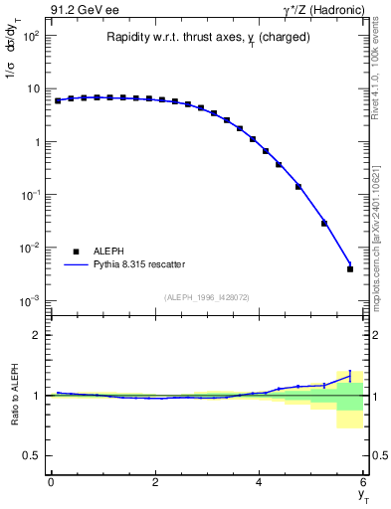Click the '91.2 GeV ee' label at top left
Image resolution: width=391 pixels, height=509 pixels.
pyautogui.click(x=83, y=11)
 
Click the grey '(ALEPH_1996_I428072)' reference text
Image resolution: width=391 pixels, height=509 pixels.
pyautogui.click(x=206, y=296)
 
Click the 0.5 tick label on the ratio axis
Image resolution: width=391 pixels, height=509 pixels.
pyautogui.click(x=30, y=455)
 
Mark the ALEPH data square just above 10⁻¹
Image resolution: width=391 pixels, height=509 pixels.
pyautogui.click(x=298, y=186)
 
